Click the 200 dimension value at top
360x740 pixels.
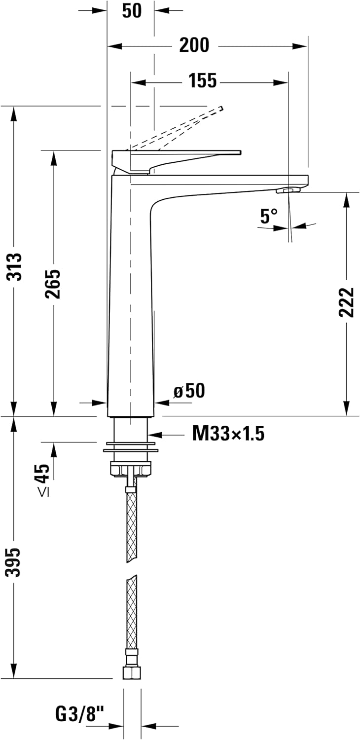tap(194, 46)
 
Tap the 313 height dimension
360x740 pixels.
tap(15, 266)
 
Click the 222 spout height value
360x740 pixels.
tap(347, 301)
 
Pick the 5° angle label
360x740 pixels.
tap(269, 216)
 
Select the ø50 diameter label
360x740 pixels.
tap(189, 391)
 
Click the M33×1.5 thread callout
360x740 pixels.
tap(228, 434)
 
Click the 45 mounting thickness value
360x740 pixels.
tap(43, 474)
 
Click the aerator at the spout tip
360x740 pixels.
tap(289, 190)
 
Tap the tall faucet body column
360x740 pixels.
tap(131, 296)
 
